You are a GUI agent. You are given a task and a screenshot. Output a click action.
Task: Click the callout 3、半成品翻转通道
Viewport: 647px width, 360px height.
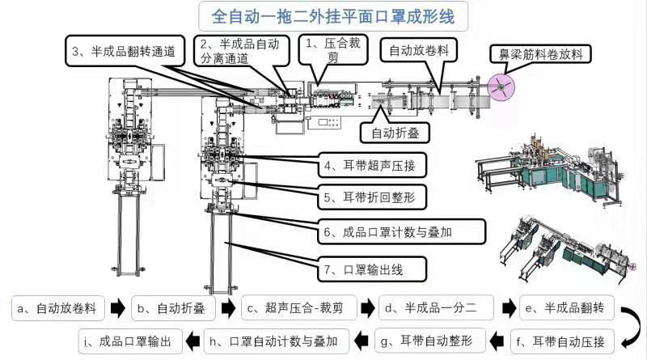coord(126,50)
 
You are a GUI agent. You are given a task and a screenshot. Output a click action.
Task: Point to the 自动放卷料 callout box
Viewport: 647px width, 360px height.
coord(419,50)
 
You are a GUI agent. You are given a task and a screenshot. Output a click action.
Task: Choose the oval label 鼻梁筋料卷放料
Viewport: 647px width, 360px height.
coord(548,53)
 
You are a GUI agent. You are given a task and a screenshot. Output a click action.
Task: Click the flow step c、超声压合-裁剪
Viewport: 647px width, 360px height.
coord(299,308)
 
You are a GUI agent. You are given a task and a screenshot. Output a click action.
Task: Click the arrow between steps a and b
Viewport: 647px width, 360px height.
coord(118,308)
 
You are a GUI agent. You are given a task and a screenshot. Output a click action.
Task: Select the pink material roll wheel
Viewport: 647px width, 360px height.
coord(503,84)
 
